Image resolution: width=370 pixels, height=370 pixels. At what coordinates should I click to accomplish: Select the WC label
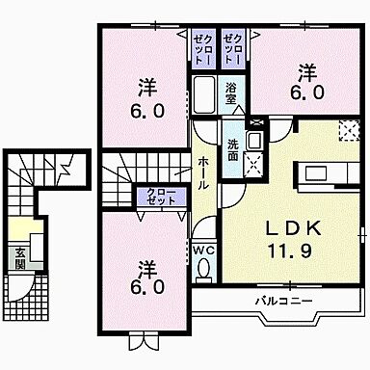(202, 249)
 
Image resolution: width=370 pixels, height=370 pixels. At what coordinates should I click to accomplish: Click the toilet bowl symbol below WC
(202, 269)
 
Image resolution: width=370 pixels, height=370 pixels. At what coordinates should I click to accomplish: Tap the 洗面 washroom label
(233, 148)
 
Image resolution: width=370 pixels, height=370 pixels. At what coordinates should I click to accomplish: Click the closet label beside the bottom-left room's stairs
(162, 198)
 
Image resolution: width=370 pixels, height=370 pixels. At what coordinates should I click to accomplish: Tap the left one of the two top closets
(202, 47)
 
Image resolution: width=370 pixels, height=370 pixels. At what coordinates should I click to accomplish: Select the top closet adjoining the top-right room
(233, 47)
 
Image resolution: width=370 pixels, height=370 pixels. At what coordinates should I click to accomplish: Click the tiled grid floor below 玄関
(18, 288)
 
